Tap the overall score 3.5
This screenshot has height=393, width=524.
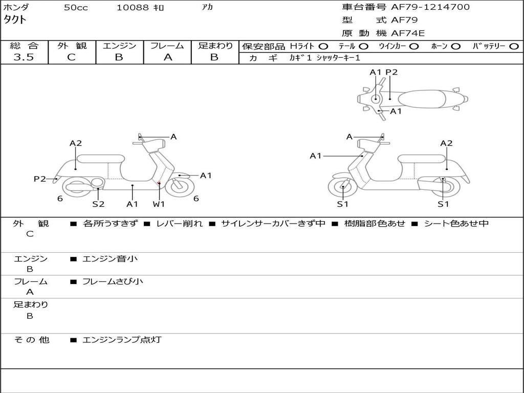pos(24,57)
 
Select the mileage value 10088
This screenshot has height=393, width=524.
pos(133,8)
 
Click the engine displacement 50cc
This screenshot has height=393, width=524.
pos(76,8)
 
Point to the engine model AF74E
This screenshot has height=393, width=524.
pos(408,33)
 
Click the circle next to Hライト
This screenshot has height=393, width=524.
pos(323,46)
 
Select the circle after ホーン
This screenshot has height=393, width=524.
pos(456,46)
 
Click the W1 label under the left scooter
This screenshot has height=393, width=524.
pos(159,204)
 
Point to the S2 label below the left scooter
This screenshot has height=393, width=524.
pos(98,204)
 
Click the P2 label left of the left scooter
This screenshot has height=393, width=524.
pos(40,179)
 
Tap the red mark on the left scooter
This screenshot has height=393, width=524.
pos(159,183)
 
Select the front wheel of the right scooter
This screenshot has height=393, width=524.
pos(342,187)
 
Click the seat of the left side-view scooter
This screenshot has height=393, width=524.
pos(100,159)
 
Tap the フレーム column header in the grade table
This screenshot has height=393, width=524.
pos(167,46)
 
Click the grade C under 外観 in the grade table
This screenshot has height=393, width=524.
pos(71,57)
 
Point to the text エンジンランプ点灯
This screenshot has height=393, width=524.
pos(122,339)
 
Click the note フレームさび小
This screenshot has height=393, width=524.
pos(113,281)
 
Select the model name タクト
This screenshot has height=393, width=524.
pos(15,20)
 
